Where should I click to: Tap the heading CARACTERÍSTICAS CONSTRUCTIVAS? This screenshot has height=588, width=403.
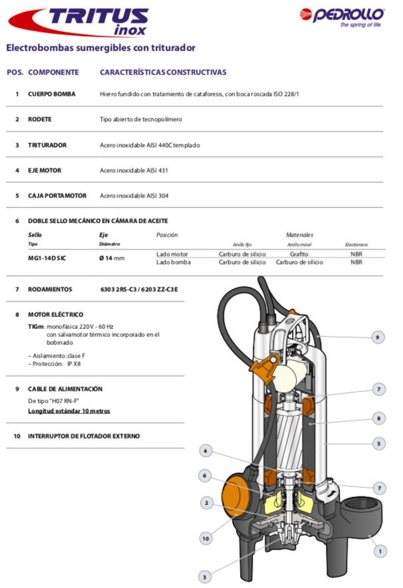pos(163,72)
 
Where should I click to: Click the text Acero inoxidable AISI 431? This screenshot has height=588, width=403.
pos(134,171)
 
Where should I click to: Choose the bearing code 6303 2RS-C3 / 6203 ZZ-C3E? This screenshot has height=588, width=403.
pos(139,290)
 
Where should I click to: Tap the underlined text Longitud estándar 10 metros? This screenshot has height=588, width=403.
pos(69,411)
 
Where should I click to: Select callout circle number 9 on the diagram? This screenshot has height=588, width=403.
pos(378,338)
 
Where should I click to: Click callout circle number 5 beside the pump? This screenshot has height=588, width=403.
pos(378,443)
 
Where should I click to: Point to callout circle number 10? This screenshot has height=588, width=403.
pos(206,538)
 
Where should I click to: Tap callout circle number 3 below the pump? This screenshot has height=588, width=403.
pos(206,576)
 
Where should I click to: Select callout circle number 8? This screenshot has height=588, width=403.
pos(378,419)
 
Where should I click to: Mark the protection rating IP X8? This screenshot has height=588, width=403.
pos(74,364)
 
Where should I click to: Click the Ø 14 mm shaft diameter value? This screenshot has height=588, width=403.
pos(112,258)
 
